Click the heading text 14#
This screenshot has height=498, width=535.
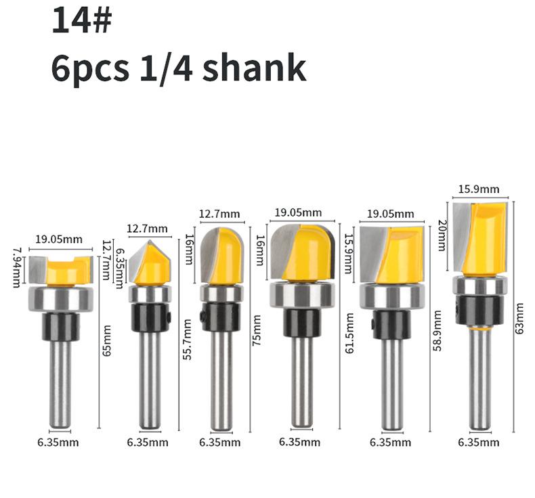tap(82, 20)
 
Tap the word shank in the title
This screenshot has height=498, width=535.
tap(254, 68)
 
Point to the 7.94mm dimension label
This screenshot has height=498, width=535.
tap(16, 267)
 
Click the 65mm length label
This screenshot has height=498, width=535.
tap(107, 340)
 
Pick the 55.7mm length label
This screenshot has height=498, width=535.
tap(188, 340)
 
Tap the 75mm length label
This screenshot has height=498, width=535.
tap(256, 331)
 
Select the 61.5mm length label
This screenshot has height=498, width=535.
tap(349, 333)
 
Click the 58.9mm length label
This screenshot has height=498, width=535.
tap(437, 331)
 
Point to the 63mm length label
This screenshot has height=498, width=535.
tap(519, 319)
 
